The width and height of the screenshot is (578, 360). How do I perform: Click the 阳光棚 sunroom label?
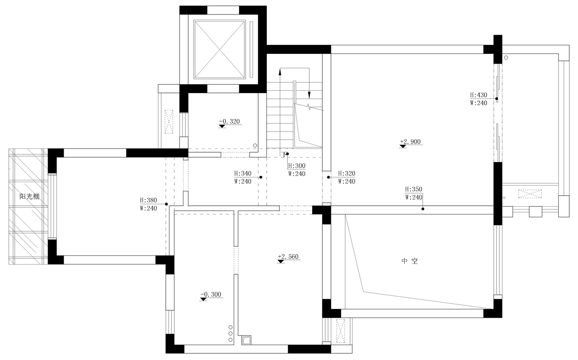[29, 197]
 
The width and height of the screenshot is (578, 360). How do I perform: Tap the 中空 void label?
[409, 261]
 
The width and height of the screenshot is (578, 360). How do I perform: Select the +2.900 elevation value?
[410, 142]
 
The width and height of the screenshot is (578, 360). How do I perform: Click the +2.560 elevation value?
[288, 256]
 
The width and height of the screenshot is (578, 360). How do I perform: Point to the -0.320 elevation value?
[229, 121]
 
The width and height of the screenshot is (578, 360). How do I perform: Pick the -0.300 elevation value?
[211, 294]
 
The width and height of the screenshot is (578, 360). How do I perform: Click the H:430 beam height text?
[478, 95]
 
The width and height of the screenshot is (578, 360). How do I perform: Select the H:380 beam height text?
[148, 200]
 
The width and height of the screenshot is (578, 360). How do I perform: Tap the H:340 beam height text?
[243, 173]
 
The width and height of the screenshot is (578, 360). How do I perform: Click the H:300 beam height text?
[297, 165]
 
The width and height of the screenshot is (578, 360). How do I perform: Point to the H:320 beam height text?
[346, 173]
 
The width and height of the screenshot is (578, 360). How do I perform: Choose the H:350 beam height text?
[414, 189]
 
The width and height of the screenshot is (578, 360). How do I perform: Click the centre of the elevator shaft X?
[219, 49]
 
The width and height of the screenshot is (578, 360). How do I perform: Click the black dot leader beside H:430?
[497, 99]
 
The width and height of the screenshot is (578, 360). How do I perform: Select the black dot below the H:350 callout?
[423, 209]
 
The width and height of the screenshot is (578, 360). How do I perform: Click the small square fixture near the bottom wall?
[247, 340]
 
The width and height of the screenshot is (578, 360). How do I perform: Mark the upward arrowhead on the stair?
[280, 72]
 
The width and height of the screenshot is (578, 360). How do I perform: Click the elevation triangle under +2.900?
[403, 147]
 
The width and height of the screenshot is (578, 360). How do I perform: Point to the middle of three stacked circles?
[230, 333]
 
